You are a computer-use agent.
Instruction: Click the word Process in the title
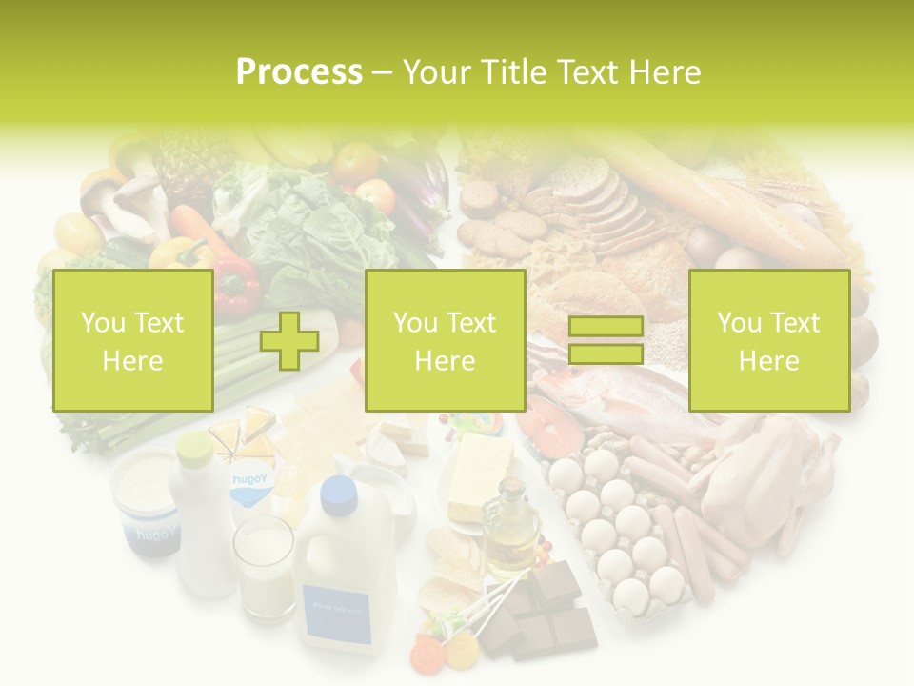(x=299, y=72)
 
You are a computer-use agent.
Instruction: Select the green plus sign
(x=289, y=340)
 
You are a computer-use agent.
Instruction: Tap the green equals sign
(x=606, y=340)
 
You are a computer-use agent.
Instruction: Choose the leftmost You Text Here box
(x=132, y=340)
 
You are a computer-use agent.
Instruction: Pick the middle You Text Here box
(x=445, y=340)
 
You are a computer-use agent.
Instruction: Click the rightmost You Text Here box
(x=768, y=340)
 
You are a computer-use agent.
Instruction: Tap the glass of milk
(x=266, y=567)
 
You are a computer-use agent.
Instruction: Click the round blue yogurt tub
(x=143, y=500)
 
